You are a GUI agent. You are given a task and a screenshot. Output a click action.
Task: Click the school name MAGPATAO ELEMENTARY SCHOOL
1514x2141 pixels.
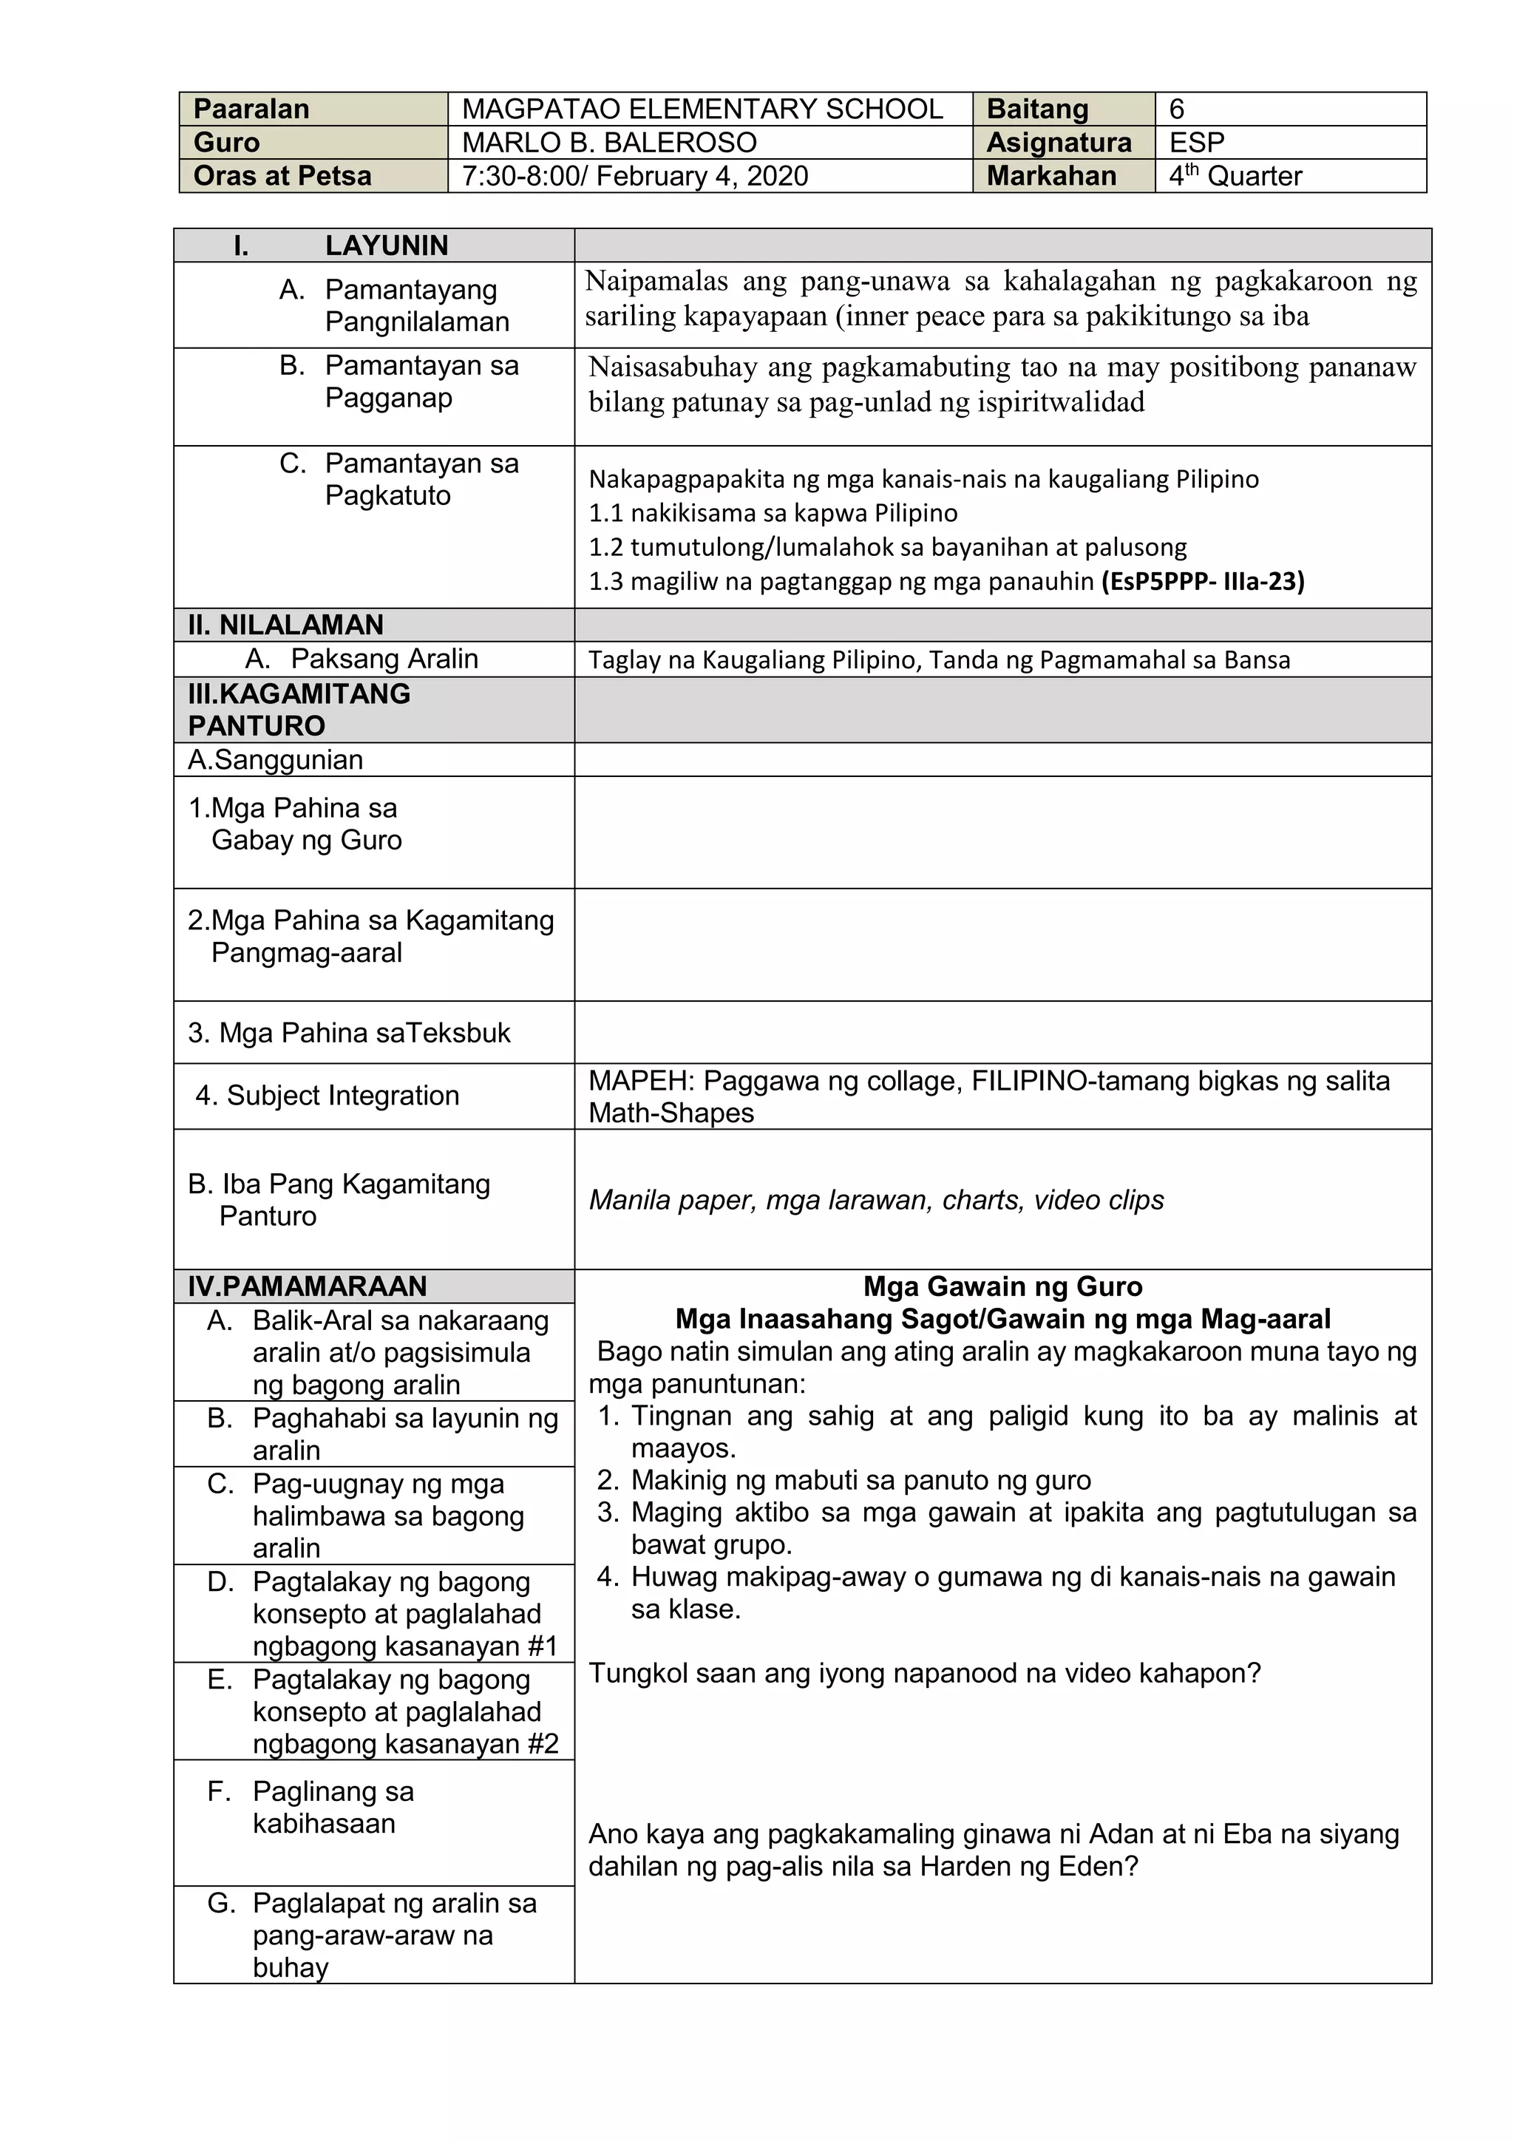[x=702, y=109]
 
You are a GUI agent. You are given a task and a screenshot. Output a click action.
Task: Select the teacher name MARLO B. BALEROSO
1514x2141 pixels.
[x=608, y=143]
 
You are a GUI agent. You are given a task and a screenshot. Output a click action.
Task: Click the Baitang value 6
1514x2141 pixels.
[x=1176, y=109]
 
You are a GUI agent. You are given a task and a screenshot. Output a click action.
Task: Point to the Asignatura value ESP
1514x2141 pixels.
[x=1196, y=143]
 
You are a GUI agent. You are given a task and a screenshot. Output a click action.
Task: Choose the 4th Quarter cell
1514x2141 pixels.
[x=1235, y=176]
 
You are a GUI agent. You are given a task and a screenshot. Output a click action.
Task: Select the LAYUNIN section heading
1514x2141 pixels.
[x=386, y=246]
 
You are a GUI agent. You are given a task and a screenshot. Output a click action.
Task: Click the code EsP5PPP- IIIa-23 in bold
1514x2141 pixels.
[x=1203, y=582]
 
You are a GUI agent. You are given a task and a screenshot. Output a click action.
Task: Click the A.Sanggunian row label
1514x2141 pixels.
[x=275, y=760]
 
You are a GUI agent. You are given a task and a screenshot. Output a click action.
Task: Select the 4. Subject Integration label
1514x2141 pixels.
[x=327, y=1096]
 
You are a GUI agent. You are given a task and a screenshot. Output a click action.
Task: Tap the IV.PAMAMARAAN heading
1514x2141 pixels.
[x=307, y=1287]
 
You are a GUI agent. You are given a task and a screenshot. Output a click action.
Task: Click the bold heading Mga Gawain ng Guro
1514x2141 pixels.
[x=1002, y=1287]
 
